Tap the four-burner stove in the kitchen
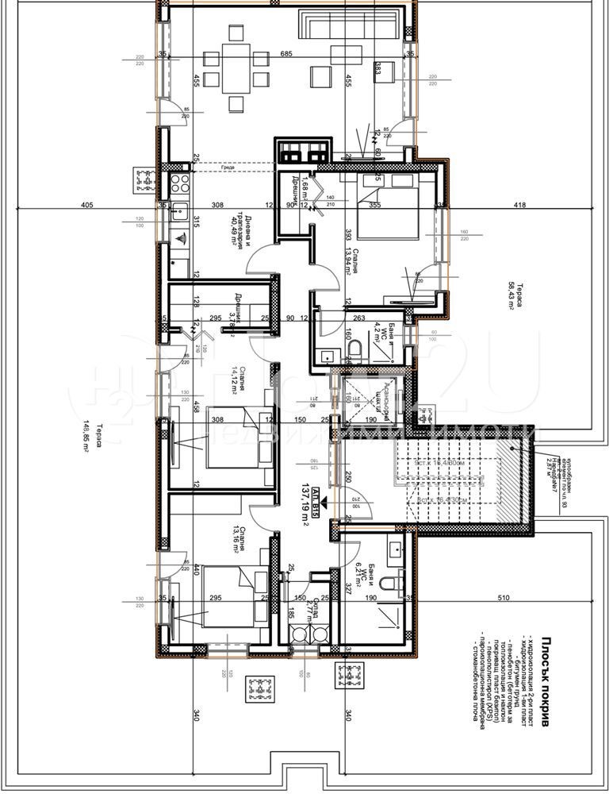tap(177, 181)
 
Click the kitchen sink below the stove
tap(178, 237)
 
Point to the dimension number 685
tap(287, 54)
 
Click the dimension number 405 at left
tap(87, 206)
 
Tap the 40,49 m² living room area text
tap(235, 233)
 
